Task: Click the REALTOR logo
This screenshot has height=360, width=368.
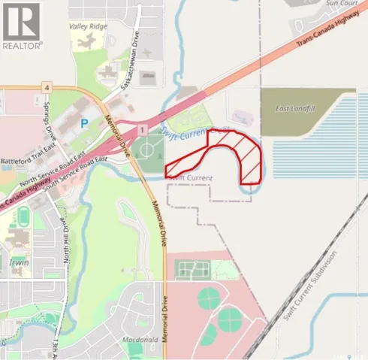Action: (22, 26)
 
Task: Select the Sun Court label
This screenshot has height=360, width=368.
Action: (321, 4)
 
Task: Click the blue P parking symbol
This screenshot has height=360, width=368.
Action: (83, 122)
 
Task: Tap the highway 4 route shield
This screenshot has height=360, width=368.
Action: (47, 88)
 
